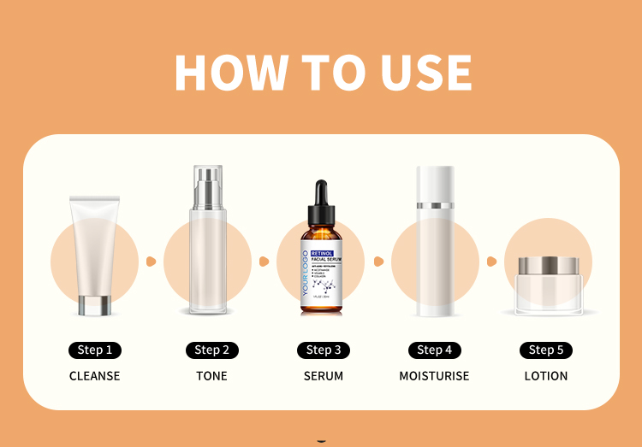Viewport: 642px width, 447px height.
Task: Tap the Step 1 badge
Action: click(x=94, y=350)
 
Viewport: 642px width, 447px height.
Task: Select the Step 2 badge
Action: click(x=211, y=350)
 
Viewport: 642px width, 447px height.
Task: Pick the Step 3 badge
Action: click(x=324, y=350)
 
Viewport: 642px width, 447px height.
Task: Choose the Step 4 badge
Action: click(x=435, y=350)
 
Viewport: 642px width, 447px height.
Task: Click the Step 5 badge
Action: click(x=546, y=350)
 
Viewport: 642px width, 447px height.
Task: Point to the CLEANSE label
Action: click(x=94, y=376)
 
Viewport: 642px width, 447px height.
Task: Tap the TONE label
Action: click(x=211, y=376)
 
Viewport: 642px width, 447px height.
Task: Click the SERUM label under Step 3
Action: click(x=324, y=376)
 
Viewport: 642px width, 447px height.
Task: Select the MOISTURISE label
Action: click(x=434, y=376)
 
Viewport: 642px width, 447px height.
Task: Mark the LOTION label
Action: click(x=546, y=376)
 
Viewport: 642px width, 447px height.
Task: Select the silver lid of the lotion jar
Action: click(x=549, y=265)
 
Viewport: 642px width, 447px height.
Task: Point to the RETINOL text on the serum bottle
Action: click(x=322, y=254)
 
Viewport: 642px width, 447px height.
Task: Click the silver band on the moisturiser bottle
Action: click(x=435, y=206)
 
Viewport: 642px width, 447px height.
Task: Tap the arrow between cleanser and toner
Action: click(x=151, y=261)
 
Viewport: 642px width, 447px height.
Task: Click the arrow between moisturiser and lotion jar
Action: click(x=491, y=261)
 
